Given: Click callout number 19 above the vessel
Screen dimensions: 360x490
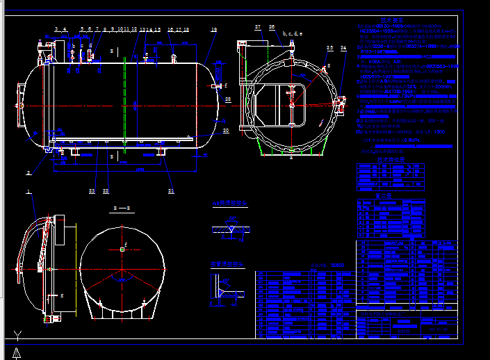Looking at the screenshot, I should point(213,30).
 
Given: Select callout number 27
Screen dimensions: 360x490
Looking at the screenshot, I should point(258,26).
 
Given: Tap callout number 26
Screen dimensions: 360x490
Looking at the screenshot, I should point(272,26).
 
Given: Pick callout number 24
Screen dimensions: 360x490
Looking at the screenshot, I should point(343,47).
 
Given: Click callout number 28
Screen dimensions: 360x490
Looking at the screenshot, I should point(228,99).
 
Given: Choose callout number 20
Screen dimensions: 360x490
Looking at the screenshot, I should point(225,130).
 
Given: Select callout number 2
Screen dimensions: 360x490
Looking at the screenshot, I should point(28,172).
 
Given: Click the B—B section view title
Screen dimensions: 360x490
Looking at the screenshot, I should point(122,208).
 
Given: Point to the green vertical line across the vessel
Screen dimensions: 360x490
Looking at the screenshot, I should point(124,104).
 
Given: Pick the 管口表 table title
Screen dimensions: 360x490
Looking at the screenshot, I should point(385,196).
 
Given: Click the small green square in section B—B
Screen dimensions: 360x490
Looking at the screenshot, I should point(122,248).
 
